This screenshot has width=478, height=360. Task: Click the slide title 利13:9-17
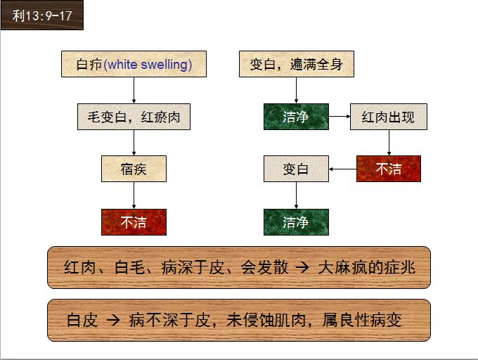pyautogui.click(x=42, y=15)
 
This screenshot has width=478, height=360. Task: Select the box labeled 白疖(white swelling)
pyautogui.click(x=134, y=64)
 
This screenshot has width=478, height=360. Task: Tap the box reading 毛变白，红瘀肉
pyautogui.click(x=134, y=117)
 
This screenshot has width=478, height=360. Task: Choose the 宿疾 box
pyautogui.click(x=134, y=169)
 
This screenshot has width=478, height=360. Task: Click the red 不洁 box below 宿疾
pyautogui.click(x=134, y=222)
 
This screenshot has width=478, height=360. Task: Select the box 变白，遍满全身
pyautogui.click(x=296, y=64)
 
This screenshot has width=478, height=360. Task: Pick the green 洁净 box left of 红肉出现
pyautogui.click(x=296, y=117)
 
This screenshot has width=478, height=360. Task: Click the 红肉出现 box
pyautogui.click(x=388, y=117)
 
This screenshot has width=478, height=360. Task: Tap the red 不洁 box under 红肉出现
pyautogui.click(x=388, y=169)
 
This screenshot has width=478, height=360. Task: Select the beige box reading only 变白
pyautogui.click(x=296, y=169)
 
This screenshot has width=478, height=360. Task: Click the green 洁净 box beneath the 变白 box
pyautogui.click(x=296, y=222)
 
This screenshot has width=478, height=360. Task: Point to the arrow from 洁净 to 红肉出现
pyautogui.click(x=340, y=117)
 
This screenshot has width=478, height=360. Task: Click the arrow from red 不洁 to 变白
pyautogui.click(x=343, y=169)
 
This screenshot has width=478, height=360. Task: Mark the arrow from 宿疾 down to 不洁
pyautogui.click(x=134, y=195)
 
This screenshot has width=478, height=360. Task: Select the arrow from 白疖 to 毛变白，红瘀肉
pyautogui.click(x=134, y=90)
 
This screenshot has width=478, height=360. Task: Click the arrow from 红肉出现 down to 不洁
pyautogui.click(x=388, y=143)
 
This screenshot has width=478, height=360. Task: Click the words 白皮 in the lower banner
pyautogui.click(x=82, y=321)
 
